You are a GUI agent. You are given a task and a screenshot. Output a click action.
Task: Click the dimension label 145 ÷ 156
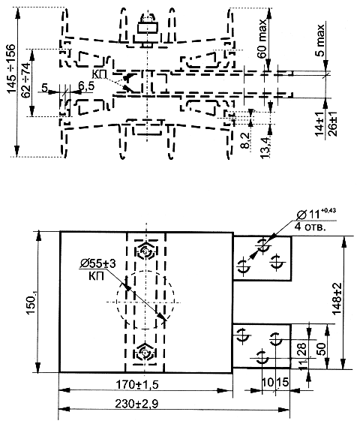coord(11,68)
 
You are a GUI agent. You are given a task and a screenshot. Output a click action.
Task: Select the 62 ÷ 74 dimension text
coord(25,80)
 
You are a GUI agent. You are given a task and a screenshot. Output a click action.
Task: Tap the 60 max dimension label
coord(262,38)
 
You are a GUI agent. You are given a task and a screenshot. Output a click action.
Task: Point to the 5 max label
coord(319,40)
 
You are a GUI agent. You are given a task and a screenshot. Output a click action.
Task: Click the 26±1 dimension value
coord(332,124)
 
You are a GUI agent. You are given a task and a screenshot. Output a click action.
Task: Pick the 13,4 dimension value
coord(265,148)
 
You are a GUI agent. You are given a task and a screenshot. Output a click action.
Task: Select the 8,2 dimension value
coord(246,141)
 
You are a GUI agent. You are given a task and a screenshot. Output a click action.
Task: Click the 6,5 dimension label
coord(86,86)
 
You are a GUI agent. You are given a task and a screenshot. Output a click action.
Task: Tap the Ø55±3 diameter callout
coord(98,264)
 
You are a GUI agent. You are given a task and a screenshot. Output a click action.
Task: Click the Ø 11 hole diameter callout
coord(316,214)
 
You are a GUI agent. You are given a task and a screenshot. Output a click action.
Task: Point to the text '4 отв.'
coord(310,227)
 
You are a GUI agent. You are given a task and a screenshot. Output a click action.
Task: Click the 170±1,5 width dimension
coord(137,385)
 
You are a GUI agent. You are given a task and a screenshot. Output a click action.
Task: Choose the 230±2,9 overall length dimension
coord(136,404)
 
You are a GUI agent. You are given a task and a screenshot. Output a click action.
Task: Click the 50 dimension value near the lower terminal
coord(322,349)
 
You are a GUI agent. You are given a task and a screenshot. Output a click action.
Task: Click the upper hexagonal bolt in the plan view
coord(146,251)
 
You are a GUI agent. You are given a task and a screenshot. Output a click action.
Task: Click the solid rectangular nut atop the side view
coord(148,28)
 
